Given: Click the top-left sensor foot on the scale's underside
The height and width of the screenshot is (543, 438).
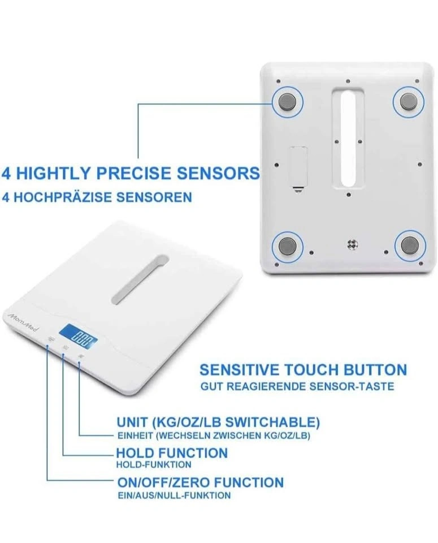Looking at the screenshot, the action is [288, 102].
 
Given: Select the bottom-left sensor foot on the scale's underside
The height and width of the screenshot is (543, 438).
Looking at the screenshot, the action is [287, 246].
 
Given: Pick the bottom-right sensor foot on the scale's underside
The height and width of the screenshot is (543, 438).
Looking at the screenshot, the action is [410, 245].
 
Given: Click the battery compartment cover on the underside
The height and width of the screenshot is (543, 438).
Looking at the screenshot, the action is [298, 167].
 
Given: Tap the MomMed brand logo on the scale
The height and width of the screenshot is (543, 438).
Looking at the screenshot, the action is [23, 321].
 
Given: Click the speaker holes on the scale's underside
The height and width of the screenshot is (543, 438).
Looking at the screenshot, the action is [352, 244].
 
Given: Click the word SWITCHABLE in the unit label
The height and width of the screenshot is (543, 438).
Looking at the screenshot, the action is [272, 422].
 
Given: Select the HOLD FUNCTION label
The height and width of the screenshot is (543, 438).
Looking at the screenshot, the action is [172, 453].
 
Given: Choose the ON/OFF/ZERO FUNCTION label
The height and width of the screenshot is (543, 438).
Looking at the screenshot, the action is [201, 482].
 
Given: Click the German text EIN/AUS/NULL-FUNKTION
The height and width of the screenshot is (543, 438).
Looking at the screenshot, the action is [175, 495].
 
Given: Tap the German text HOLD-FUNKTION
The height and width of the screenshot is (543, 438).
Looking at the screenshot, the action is [154, 464].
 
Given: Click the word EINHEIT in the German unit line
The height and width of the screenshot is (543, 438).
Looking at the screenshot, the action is [135, 436].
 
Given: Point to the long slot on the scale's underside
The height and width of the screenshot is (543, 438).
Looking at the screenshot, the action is [348, 139].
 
